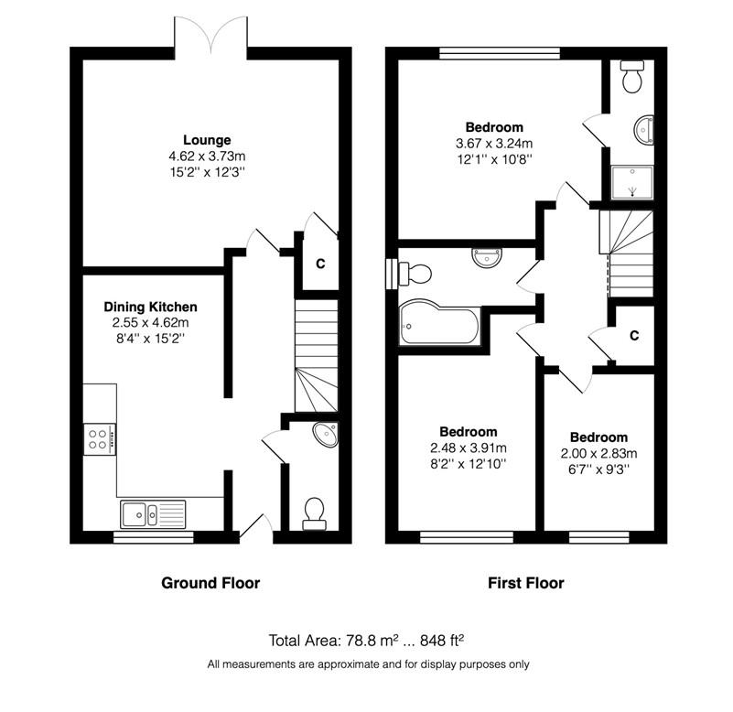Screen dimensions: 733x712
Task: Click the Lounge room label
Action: [207, 140]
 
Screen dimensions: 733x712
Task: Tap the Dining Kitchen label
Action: [150, 307]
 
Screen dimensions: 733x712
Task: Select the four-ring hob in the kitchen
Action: [100, 439]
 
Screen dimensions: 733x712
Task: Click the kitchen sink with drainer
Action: [153, 513]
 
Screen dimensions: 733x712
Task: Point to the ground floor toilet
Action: [314, 513]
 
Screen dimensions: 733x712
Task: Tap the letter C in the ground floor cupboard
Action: [320, 264]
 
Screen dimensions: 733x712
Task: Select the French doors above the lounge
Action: [210, 34]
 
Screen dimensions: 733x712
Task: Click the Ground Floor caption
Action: [210, 583]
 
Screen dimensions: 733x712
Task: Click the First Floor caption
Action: [526, 583]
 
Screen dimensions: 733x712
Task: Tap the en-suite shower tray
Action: [632, 182]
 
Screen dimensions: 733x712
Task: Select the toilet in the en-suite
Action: [632, 77]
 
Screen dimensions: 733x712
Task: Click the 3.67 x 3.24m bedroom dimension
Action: [494, 144]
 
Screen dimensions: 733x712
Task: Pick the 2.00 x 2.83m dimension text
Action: [598, 454]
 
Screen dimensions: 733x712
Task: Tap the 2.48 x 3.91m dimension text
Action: [469, 448]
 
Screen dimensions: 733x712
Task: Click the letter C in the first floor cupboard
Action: [634, 336]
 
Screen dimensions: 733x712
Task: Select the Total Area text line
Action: [366, 640]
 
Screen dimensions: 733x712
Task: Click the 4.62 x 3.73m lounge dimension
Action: [207, 156]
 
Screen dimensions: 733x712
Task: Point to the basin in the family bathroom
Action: [487, 257]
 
